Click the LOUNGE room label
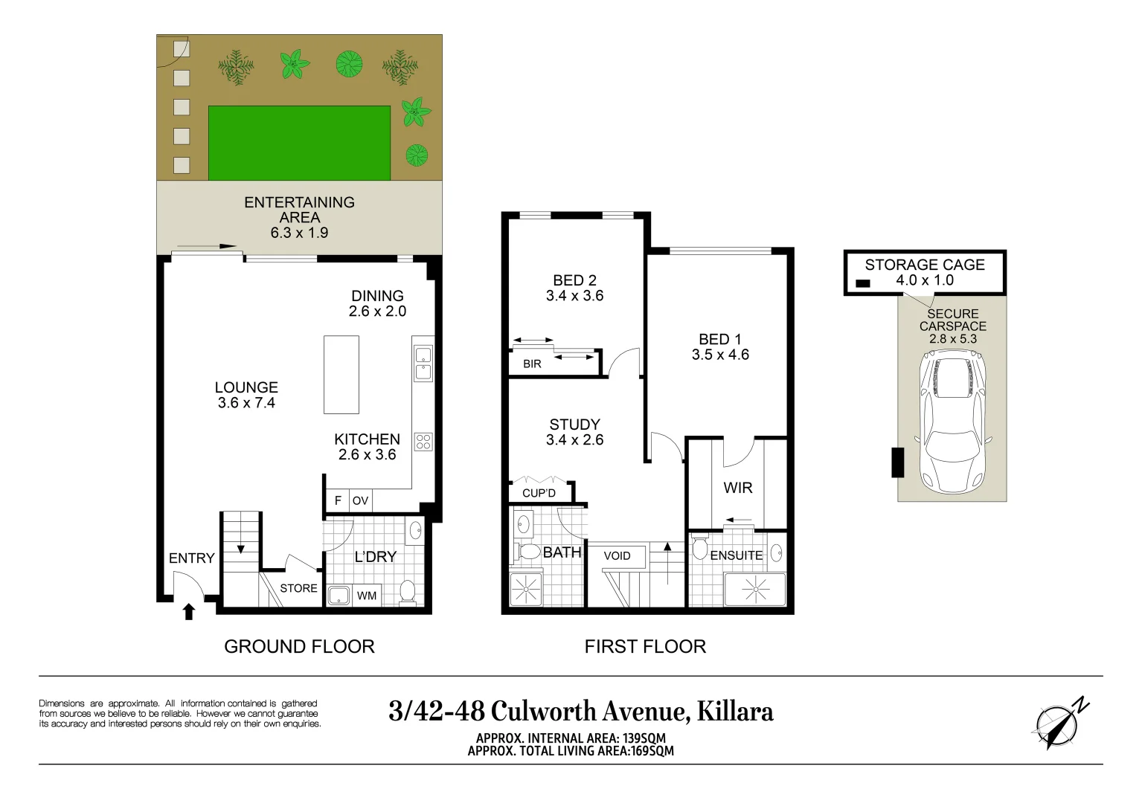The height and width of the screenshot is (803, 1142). (246, 387)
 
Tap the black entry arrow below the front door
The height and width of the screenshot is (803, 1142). (189, 611)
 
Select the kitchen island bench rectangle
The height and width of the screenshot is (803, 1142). (341, 375)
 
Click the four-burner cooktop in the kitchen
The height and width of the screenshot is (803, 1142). (423, 441)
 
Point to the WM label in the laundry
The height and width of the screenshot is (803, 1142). (367, 595)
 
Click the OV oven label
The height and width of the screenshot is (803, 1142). (360, 501)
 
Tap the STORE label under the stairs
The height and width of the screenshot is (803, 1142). (298, 588)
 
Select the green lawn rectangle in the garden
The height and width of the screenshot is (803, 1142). (299, 143)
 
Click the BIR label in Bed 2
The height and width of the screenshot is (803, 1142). (532, 364)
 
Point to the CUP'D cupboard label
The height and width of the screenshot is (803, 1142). (539, 493)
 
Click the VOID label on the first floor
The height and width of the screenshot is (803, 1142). (617, 555)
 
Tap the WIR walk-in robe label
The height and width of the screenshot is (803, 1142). (738, 488)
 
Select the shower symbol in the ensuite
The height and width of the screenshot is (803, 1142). (755, 590)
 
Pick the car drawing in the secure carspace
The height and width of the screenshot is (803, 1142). (952, 422)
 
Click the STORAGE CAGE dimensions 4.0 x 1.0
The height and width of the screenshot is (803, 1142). (925, 280)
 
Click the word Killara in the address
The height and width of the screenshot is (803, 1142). (734, 712)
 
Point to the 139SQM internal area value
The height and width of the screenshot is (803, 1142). (644, 738)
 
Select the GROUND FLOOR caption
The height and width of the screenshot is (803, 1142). (299, 646)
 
